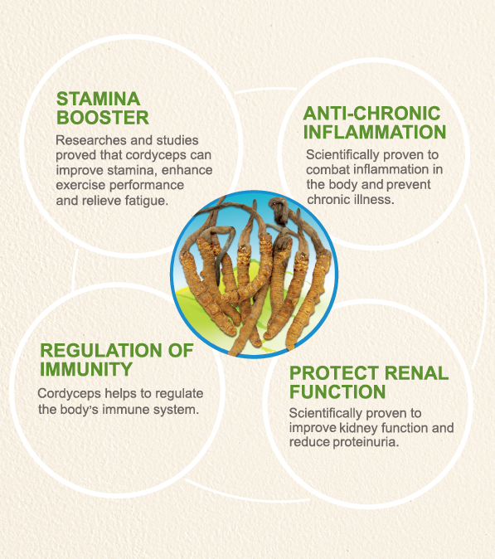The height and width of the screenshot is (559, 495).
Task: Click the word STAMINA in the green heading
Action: (x=99, y=99)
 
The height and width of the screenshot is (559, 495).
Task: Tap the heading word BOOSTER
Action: (x=103, y=118)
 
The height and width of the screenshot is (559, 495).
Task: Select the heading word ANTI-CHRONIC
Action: (x=372, y=114)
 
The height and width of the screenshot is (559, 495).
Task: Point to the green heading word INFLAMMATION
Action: (x=375, y=132)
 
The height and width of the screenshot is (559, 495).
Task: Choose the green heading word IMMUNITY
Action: (x=86, y=369)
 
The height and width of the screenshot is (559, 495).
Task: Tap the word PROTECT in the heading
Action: (x=334, y=373)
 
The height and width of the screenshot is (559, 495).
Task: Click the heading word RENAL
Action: (x=416, y=373)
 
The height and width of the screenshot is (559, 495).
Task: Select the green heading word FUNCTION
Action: (x=337, y=391)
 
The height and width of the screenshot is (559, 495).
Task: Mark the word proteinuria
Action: (x=366, y=442)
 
